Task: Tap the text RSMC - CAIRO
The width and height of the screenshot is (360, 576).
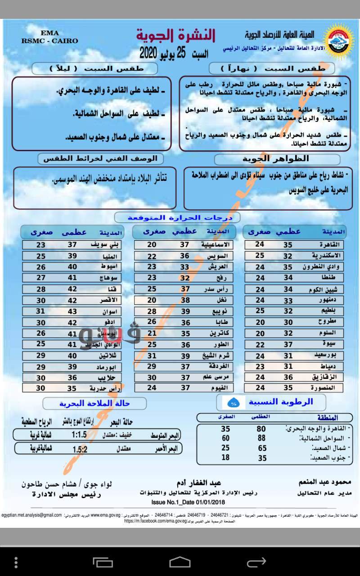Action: tap(49, 41)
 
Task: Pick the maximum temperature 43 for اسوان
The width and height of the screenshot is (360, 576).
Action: tap(72, 311)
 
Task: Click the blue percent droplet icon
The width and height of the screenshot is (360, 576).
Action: tap(234, 401)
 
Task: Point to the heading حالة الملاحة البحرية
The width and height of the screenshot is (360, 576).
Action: tap(95, 403)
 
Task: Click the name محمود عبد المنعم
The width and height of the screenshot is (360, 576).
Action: tap(323, 482)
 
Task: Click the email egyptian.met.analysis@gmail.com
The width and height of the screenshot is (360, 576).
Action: tap(31, 515)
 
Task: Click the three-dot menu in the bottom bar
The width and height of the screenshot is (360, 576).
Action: tap(16, 562)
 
